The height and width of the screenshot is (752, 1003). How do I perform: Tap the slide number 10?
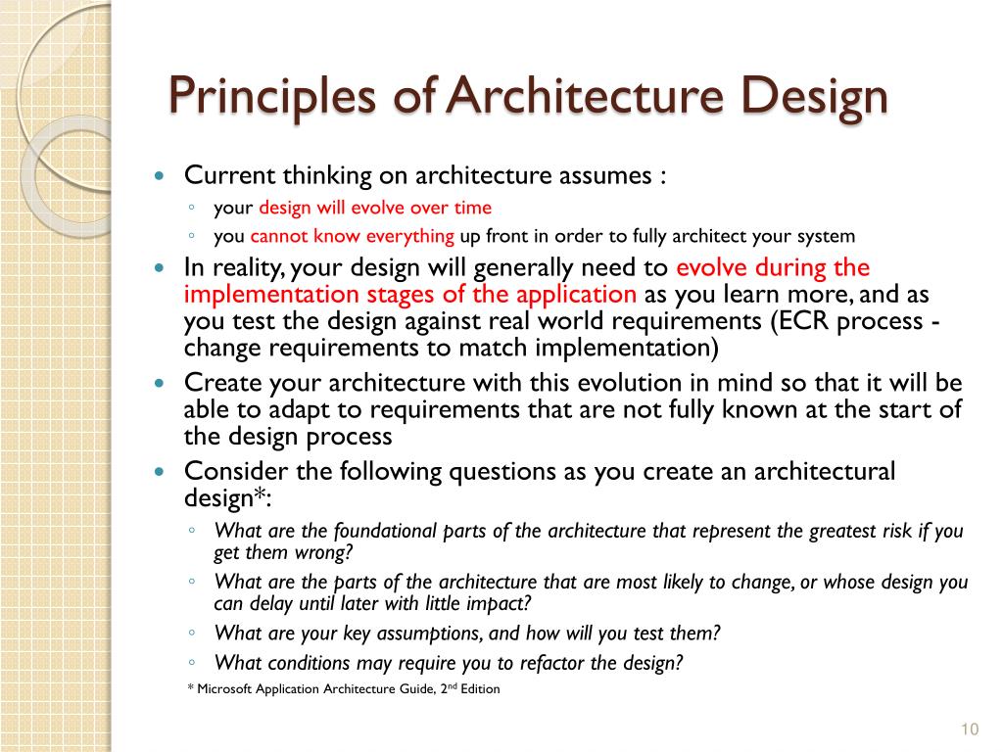tap(970, 728)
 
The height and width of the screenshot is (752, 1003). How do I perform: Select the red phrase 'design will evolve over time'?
tap(375, 208)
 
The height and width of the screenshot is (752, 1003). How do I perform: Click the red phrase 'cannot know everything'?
tap(353, 236)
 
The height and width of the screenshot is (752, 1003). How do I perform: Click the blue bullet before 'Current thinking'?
tap(162, 177)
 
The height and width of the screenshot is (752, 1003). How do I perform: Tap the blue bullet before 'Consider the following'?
tap(162, 472)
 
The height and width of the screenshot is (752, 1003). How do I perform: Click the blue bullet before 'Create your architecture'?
tap(162, 384)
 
